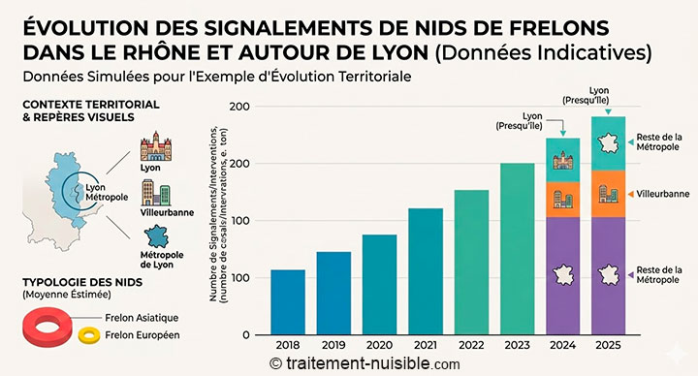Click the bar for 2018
[x=288, y=301]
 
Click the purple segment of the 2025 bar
[x=608, y=275]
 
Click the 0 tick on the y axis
[x=246, y=334]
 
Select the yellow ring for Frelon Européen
[x=90, y=335]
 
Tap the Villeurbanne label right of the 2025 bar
[x=661, y=194]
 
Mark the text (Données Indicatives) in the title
[x=542, y=49]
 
